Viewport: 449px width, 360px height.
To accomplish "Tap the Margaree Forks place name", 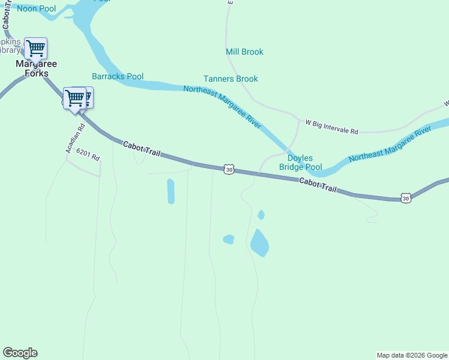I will tap(28, 69).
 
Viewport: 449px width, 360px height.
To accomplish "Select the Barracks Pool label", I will tap(118, 76).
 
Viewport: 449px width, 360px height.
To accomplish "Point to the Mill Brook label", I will tap(244, 52).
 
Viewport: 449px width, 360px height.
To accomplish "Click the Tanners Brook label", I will tap(231, 79).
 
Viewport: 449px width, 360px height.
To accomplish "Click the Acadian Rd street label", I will tap(76, 135).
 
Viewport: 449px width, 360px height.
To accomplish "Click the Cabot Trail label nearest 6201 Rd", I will tap(142, 149).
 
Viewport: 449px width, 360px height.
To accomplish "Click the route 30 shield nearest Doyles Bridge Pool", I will tap(229, 170).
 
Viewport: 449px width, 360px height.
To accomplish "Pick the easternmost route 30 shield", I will tap(406, 197).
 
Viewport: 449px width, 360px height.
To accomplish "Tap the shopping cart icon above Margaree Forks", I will tap(36, 48).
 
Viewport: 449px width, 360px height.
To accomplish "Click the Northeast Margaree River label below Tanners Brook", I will tap(222, 106).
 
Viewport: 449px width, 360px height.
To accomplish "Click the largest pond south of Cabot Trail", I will tap(259, 243).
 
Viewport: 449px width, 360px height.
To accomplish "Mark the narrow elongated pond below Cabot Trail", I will tap(171, 191).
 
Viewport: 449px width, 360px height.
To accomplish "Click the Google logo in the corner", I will tap(20, 353).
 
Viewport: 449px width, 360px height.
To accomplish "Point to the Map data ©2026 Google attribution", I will tap(412, 355).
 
